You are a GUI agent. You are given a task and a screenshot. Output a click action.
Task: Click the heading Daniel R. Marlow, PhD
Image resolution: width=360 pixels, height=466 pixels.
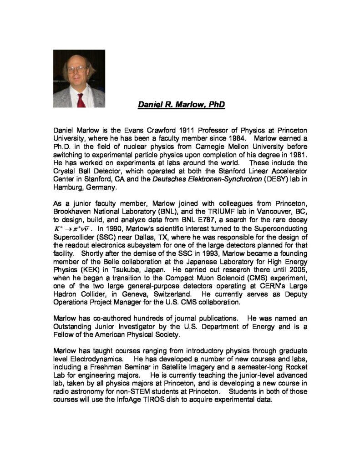click(181, 105)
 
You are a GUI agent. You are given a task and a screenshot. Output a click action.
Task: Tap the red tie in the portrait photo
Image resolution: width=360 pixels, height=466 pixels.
click(80, 100)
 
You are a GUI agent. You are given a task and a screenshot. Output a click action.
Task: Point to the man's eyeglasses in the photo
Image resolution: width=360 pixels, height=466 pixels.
click(77, 70)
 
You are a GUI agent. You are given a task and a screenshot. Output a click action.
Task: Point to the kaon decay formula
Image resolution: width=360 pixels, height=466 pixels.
click(71, 228)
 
